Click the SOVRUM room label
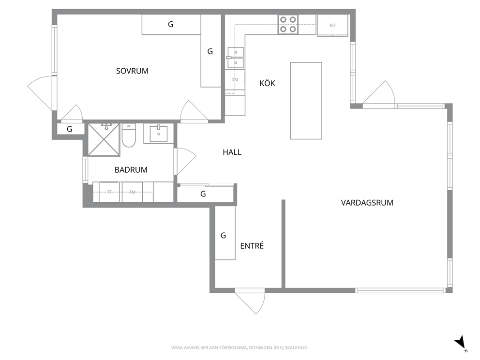click(x=132, y=71)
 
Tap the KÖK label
click(x=267, y=83)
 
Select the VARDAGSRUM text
click(x=367, y=203)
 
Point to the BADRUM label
click(x=131, y=170)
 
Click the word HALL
click(x=232, y=152)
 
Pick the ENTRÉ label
click(x=252, y=246)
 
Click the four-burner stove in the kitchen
click(x=288, y=25)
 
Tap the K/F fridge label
click(x=332, y=26)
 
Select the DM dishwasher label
click(x=235, y=80)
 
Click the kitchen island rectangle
click(x=306, y=101)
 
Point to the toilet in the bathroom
click(x=129, y=135)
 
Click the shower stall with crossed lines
click(x=104, y=139)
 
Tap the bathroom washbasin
click(x=159, y=134)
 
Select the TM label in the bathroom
click(x=132, y=192)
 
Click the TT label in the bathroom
click(x=109, y=192)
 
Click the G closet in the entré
click(x=225, y=233)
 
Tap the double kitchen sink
click(x=236, y=58)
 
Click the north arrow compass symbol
click(x=461, y=343)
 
